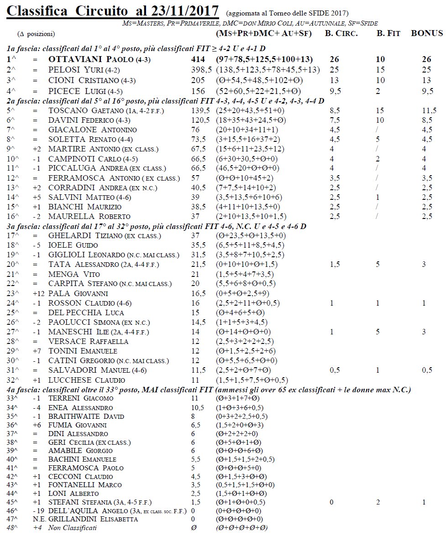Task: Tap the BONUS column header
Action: pyautogui.click(x=427, y=33)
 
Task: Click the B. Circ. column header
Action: pyautogui.click(x=341, y=33)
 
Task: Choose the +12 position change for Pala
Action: pyautogui.click(x=38, y=293)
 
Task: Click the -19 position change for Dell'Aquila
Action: pyautogui.click(x=37, y=510)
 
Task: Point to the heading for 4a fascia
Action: pyautogui.click(x=209, y=389)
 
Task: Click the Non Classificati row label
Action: pyautogui.click(x=73, y=528)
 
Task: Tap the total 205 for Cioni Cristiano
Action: pyautogui.click(x=198, y=80)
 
